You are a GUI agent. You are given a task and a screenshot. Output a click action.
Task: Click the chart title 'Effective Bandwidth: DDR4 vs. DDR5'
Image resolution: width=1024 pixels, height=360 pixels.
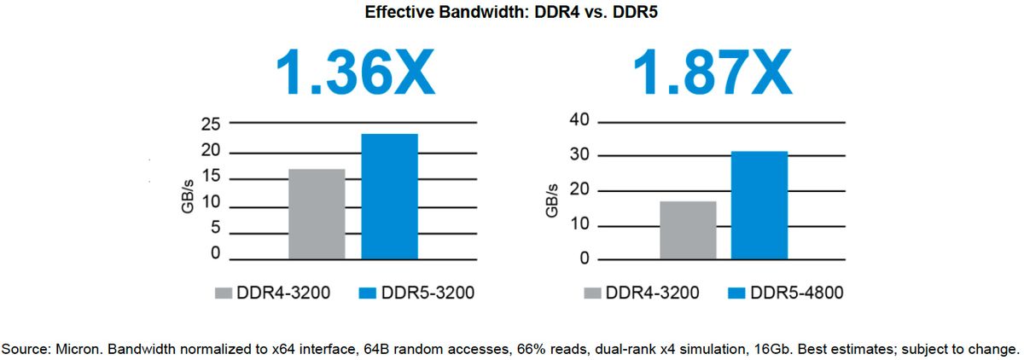click(513, 13)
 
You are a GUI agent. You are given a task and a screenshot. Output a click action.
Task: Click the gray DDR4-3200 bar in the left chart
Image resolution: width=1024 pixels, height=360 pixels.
click(317, 213)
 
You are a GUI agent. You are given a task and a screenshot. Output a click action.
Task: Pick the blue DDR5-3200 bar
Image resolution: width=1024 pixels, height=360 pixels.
click(389, 196)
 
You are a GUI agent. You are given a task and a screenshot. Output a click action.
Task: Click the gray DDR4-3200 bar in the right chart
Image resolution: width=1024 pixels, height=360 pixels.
click(688, 229)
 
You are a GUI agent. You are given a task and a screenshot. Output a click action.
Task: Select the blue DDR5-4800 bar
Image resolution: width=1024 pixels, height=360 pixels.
click(759, 205)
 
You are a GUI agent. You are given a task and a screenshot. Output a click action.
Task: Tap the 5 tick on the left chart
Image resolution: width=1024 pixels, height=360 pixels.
click(216, 229)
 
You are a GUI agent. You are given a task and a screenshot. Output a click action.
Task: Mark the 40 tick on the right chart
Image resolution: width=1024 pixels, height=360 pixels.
click(579, 119)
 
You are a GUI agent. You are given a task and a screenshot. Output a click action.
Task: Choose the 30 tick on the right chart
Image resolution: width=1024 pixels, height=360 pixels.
click(579, 154)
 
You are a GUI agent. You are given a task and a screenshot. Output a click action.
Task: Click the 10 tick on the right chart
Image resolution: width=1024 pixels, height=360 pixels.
click(579, 224)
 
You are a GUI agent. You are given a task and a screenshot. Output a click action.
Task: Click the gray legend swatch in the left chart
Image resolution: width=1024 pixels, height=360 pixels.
click(224, 293)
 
